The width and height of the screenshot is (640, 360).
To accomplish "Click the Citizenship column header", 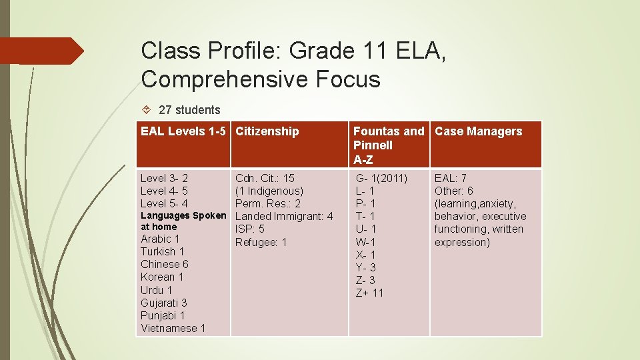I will tap(267, 131).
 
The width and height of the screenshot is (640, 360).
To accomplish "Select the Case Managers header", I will tap(478, 131).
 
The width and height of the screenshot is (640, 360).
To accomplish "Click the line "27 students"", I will tap(189, 110).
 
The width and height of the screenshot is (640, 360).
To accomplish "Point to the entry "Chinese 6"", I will tap(165, 264).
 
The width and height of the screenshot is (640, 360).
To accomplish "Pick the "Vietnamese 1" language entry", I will tap(173, 328).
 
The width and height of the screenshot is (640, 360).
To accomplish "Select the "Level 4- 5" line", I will tap(164, 191).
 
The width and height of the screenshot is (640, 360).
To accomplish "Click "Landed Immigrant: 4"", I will tap(284, 216).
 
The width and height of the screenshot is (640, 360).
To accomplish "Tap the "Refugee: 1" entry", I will tap(261, 242).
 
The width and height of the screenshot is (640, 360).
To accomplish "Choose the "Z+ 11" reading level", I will tap(370, 293).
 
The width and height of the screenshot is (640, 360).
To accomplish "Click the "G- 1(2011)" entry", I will tap(382, 178).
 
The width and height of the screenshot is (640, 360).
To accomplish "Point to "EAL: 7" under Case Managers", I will tap(451, 178).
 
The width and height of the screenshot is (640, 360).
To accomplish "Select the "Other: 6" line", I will tap(454, 191).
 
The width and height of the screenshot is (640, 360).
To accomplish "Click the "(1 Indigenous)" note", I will tap(269, 191).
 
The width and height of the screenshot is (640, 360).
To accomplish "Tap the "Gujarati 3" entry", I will tap(164, 303).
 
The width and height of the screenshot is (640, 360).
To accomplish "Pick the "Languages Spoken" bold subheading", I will tap(183, 216).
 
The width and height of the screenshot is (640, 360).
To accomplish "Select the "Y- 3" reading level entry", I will tap(365, 267).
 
